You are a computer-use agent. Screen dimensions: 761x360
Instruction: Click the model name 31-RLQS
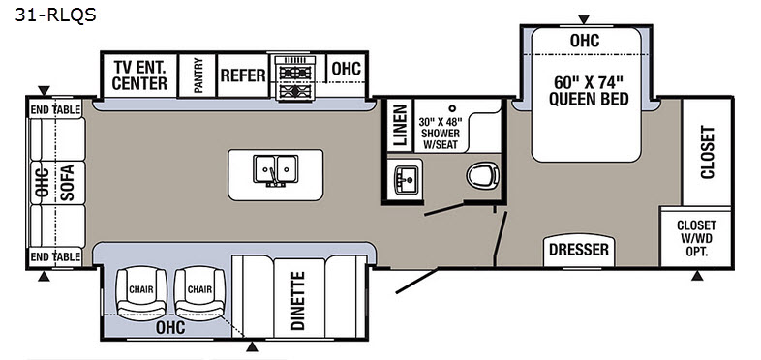pos(55,15)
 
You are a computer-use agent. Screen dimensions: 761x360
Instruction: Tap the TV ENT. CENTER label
pos(139,75)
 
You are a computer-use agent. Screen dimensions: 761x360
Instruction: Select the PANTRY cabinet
pos(198,75)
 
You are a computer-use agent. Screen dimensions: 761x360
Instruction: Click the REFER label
pos(243,75)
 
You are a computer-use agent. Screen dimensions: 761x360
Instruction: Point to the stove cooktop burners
pos(295,78)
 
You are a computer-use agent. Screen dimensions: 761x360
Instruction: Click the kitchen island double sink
pos(275,169)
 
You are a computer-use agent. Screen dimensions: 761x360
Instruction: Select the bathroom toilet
pos(483,174)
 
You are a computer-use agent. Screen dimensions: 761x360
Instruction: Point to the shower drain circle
pos(452,108)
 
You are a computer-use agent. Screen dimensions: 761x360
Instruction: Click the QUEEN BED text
pos(589,99)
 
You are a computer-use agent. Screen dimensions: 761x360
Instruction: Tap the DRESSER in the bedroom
pos(579,251)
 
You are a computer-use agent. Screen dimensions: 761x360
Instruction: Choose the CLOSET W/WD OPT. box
pos(696,237)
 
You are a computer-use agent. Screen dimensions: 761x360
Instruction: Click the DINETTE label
pos(298,300)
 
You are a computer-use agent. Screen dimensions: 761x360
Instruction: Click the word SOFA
pos(67,183)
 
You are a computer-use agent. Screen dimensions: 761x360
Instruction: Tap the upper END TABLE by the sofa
pos(55,110)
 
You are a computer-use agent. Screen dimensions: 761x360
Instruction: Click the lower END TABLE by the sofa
pos(55,256)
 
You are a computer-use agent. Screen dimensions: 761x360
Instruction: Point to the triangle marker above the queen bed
pos(584,19)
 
